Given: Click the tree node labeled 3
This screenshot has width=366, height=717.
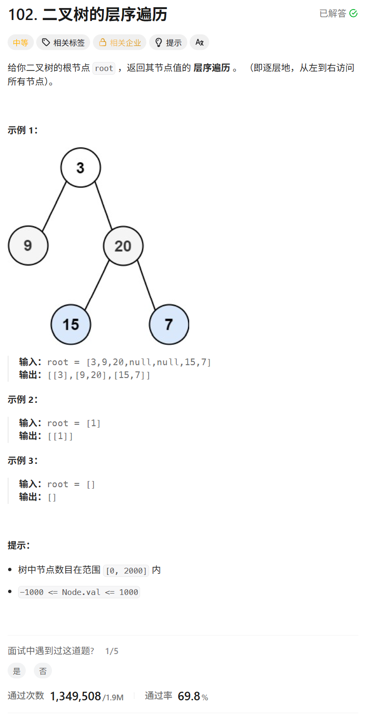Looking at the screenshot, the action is click(81, 167).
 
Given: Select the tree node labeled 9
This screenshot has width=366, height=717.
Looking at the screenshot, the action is click(28, 246).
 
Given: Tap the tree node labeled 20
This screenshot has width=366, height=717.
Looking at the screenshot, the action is click(123, 246).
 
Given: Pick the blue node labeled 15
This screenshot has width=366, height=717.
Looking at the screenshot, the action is click(71, 325).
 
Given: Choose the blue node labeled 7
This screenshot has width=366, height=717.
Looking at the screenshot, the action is click(169, 325).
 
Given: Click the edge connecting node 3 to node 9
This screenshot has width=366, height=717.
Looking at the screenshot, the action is click(54, 206).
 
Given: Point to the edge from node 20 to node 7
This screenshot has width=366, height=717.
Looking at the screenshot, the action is click(146, 285).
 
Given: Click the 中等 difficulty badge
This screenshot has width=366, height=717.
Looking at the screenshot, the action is click(20, 42).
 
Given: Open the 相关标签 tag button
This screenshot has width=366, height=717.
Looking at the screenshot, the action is click(63, 42).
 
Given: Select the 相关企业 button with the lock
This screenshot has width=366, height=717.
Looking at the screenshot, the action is click(120, 42).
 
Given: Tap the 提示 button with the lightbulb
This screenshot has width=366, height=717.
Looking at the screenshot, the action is click(168, 42).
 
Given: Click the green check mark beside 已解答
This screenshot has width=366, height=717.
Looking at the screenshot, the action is click(354, 13).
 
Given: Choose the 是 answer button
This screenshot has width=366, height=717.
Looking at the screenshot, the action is click(17, 671).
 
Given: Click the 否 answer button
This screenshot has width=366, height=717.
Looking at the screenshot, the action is click(43, 671).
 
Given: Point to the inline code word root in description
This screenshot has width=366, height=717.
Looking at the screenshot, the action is click(104, 68).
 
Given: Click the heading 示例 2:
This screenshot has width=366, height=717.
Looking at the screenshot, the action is click(23, 399).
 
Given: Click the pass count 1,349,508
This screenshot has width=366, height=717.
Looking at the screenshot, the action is click(75, 696).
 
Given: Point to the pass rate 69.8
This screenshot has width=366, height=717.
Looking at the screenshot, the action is click(189, 696).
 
